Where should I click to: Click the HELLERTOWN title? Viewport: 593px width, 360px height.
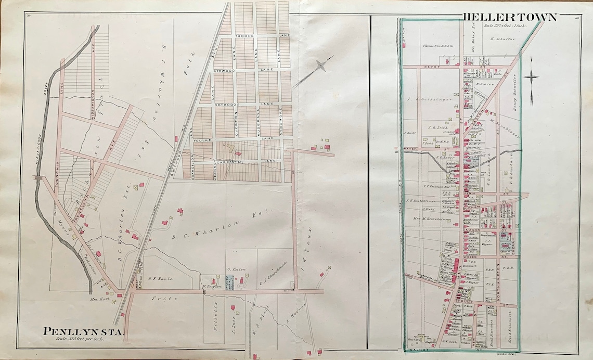510,17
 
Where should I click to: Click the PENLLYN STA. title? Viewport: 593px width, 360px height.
83,331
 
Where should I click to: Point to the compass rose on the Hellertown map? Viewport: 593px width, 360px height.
531,78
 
